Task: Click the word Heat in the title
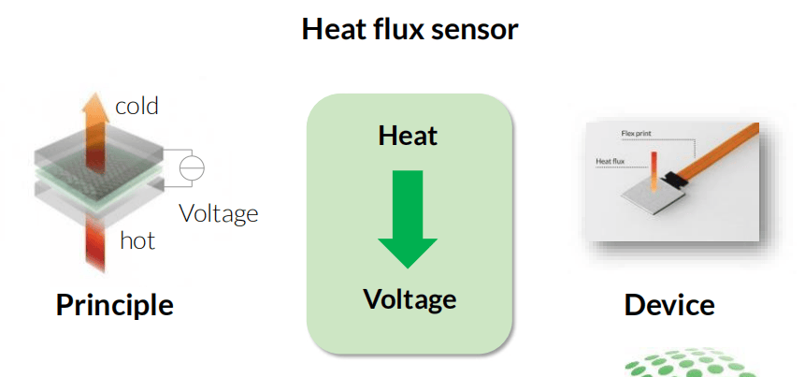(330, 29)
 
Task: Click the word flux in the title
(393, 29)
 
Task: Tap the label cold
(137, 106)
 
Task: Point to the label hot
(137, 240)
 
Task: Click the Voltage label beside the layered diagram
(218, 213)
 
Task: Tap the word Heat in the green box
(408, 137)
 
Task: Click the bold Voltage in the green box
(410, 299)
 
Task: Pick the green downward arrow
(408, 220)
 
